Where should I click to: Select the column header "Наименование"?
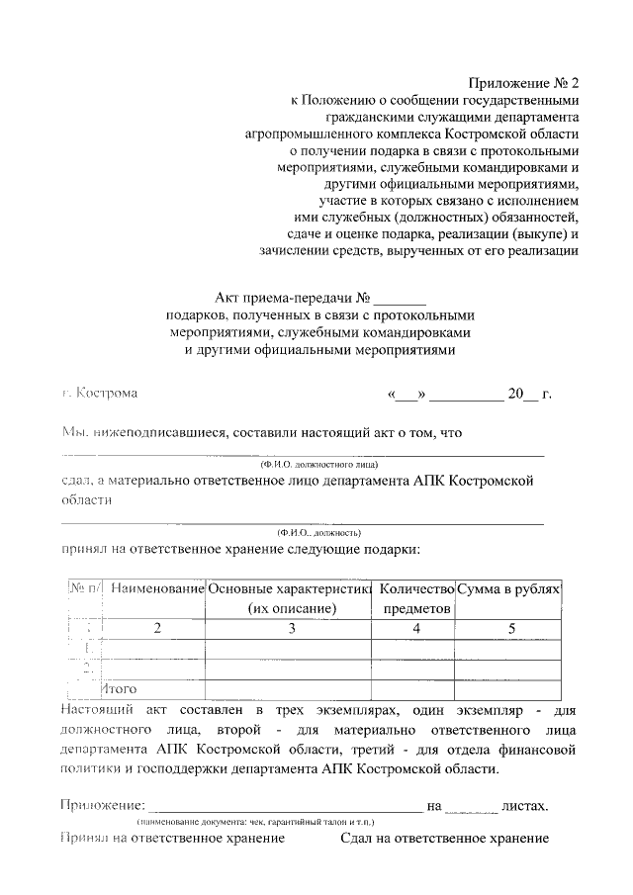[x=157, y=588]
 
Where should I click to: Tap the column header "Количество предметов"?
[x=415, y=598]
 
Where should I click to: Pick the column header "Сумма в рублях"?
[x=509, y=588]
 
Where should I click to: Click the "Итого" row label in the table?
[x=121, y=687]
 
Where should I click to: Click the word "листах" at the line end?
[x=525, y=806]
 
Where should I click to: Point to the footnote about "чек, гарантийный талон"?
[x=262, y=822]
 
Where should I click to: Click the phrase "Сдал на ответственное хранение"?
[x=444, y=839]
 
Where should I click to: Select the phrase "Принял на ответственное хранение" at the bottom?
[x=173, y=839]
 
